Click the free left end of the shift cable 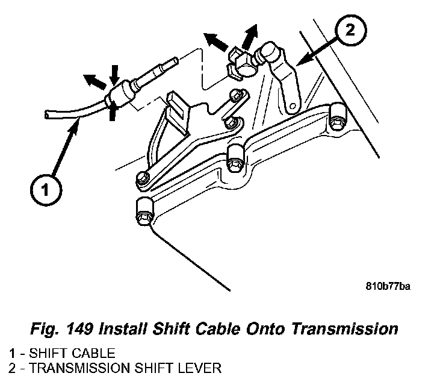46,113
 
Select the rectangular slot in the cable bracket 176,103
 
